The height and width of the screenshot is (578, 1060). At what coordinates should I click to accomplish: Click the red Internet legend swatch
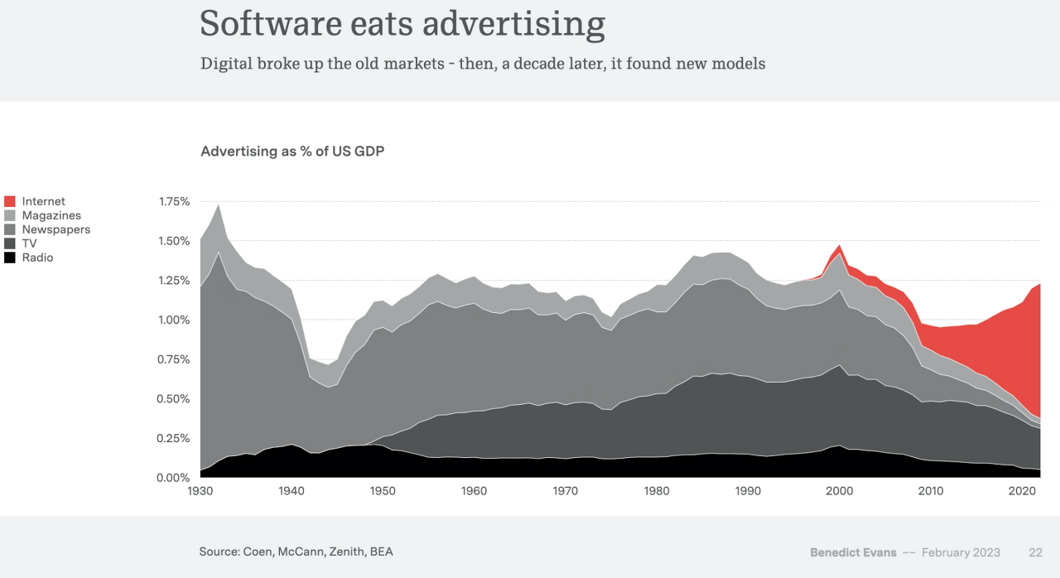point(10,201)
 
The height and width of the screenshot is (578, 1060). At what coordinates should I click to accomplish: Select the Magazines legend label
point(51,215)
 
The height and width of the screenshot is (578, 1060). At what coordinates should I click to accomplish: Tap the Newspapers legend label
point(55,229)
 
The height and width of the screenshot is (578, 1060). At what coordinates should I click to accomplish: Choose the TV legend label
point(29,243)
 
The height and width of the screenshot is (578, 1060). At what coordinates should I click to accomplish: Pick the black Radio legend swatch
point(10,258)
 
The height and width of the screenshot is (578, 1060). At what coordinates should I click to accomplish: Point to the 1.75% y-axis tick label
point(174,202)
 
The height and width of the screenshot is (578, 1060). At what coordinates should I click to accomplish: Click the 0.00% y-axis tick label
point(174,478)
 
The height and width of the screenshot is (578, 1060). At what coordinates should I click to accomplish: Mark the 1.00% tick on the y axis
point(174,320)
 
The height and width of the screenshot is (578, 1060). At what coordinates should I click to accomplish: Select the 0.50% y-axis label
point(174,399)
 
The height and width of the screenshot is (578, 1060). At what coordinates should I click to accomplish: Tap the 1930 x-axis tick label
point(200,491)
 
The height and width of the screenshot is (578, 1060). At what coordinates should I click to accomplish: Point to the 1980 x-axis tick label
point(657,491)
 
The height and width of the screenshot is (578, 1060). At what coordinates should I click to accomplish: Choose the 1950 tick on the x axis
point(383,491)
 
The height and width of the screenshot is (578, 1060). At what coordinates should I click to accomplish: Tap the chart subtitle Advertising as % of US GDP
point(292,152)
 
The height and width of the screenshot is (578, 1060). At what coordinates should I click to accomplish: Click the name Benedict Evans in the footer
point(852,552)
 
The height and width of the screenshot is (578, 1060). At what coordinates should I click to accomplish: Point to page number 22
point(1035,552)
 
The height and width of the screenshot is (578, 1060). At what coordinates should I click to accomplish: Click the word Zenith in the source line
point(346,552)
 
